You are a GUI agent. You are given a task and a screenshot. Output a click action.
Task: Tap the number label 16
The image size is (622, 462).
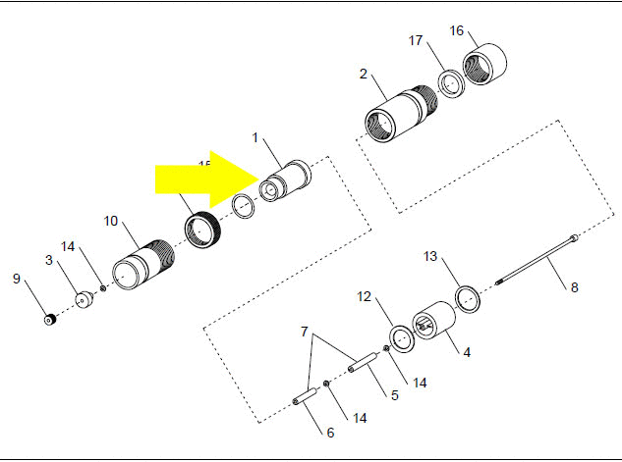tap(456, 30)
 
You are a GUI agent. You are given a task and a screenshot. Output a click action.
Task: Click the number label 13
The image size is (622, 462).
tap(429, 256)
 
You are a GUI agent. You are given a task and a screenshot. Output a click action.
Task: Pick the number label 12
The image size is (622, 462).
tap(364, 296)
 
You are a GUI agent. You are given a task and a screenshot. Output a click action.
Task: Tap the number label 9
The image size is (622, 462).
tap(17, 279)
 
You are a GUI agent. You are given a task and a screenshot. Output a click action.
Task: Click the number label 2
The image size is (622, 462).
tap(364, 74)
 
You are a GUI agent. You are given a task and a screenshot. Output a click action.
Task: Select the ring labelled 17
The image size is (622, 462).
tap(450, 84)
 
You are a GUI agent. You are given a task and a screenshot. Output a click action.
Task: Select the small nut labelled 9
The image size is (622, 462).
tap(48, 319)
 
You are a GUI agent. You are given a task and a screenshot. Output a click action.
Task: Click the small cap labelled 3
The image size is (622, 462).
tap(84, 298)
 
